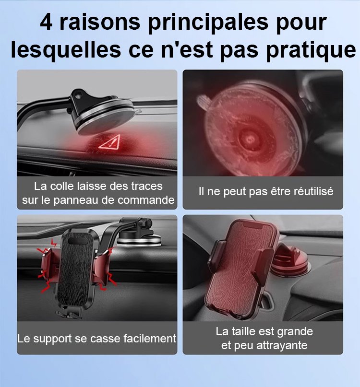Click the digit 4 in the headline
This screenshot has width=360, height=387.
46,22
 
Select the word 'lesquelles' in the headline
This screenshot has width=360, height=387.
66,49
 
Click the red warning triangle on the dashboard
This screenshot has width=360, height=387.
110,142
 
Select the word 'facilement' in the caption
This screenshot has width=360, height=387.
150,339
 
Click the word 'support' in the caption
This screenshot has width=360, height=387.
52,340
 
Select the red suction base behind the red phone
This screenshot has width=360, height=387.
289,262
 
